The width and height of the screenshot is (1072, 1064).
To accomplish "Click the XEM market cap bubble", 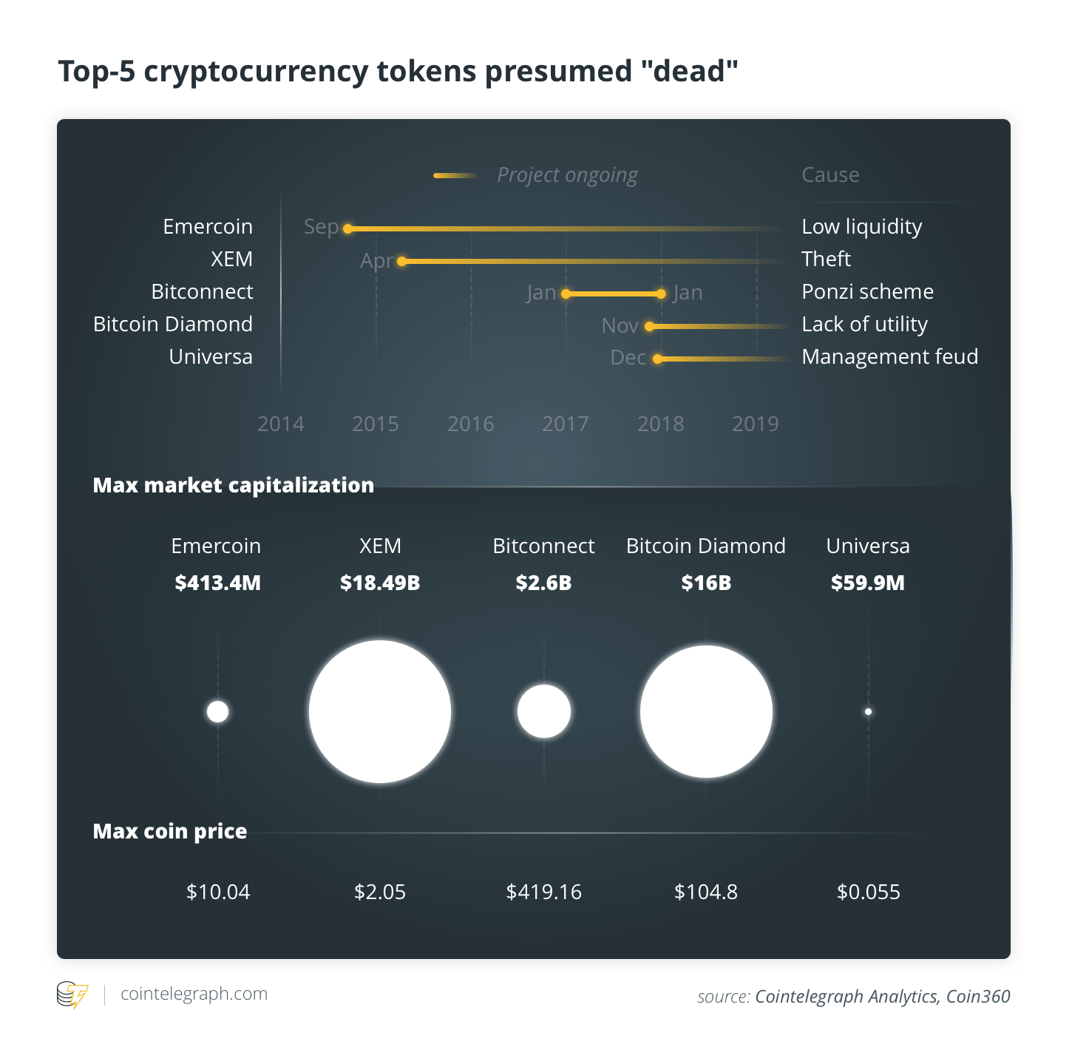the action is click(380, 712).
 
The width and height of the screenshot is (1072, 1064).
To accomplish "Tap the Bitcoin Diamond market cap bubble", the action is click(706, 712).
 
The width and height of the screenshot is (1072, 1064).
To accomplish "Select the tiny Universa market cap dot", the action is click(868, 712).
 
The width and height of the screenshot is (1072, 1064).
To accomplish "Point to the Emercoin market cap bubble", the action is click(217, 712).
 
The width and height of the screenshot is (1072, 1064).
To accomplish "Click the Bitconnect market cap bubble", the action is click(544, 712).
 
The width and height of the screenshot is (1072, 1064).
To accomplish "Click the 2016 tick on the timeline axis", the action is click(471, 424).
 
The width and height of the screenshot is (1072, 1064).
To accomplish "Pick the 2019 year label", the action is click(755, 424).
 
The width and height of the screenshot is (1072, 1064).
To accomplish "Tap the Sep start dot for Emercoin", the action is click(347, 228).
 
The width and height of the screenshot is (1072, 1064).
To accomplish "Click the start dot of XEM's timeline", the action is click(401, 261).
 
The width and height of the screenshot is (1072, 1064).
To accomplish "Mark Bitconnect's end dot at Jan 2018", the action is click(661, 294).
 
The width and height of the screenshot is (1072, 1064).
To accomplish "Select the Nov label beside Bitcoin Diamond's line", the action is click(620, 326).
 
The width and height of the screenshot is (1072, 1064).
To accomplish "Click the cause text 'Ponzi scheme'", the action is click(867, 291).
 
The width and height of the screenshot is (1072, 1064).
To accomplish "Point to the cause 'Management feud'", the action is click(889, 356).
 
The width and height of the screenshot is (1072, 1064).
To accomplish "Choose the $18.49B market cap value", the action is click(380, 583).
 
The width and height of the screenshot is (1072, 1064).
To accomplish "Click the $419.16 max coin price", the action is click(543, 892).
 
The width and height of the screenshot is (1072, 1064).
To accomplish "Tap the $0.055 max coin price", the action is click(869, 892).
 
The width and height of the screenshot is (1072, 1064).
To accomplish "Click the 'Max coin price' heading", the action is click(170, 831).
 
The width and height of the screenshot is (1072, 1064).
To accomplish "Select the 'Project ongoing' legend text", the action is click(567, 175).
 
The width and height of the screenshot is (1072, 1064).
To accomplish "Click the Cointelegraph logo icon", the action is click(72, 995).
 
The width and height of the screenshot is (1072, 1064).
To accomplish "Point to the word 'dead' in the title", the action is click(689, 71).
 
